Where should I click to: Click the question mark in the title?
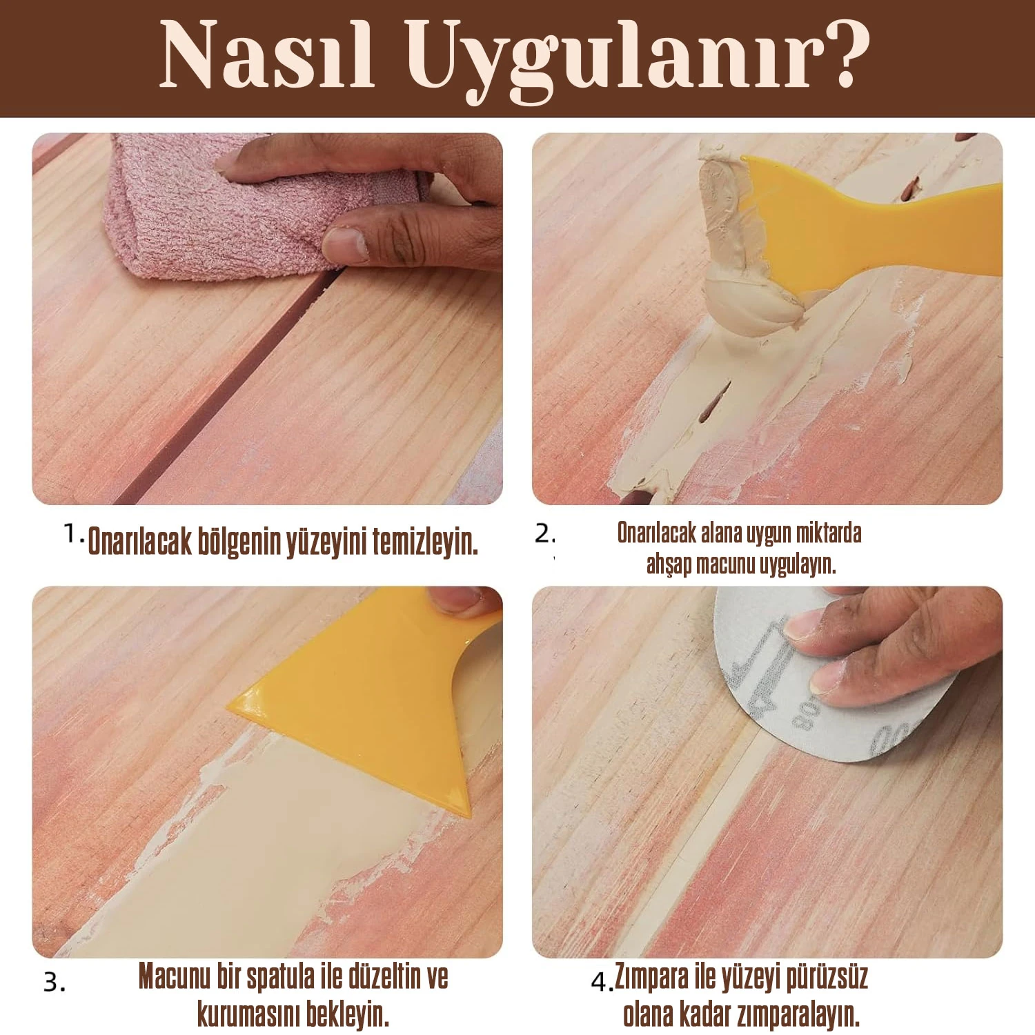846,52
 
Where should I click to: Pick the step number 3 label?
55,982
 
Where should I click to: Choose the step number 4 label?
602,980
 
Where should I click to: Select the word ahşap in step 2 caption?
669,564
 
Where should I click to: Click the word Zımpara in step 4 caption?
652,978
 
